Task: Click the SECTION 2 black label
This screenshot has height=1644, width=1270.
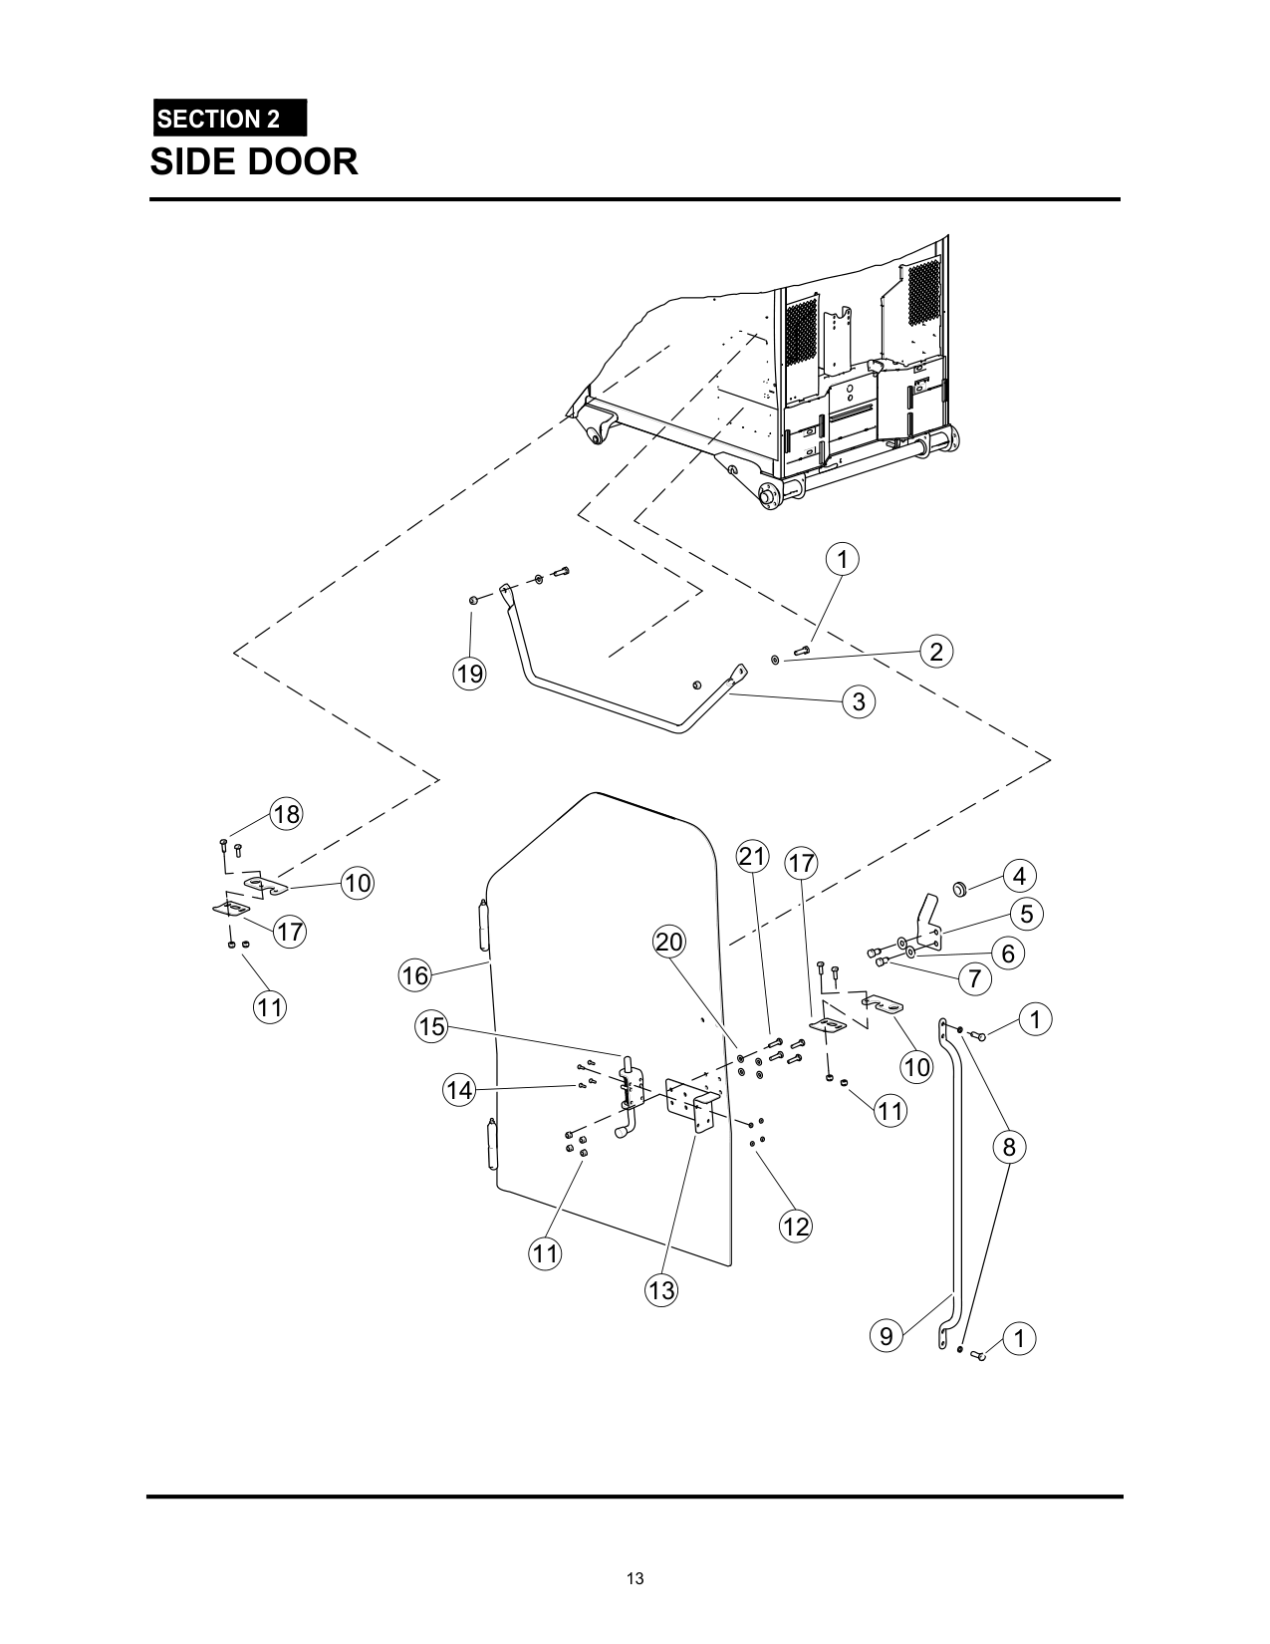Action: [230, 118]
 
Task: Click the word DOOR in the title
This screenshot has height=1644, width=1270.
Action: [302, 161]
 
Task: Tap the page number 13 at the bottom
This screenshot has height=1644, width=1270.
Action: [635, 1578]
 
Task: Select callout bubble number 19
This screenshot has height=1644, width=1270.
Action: [470, 674]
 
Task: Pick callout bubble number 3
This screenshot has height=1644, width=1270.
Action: [859, 701]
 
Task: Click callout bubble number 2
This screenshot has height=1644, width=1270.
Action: [936, 652]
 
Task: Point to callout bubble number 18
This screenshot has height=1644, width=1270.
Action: [286, 814]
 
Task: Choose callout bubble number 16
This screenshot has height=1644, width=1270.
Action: [415, 975]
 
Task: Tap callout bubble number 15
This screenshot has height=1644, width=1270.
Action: [432, 1026]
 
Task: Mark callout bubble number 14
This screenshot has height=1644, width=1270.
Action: [459, 1090]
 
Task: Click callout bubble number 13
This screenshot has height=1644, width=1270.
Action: [661, 1290]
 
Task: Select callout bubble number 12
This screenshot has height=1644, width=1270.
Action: [796, 1227]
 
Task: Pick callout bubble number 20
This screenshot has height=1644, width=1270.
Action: [669, 942]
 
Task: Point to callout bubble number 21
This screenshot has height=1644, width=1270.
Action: [753, 857]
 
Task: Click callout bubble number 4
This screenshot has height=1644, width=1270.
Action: [1020, 876]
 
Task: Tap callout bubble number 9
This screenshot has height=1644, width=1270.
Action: [887, 1336]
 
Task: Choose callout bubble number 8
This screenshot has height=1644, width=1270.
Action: [1009, 1147]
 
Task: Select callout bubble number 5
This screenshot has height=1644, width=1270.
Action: [1026, 914]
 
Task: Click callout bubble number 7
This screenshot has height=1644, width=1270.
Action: [975, 979]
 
